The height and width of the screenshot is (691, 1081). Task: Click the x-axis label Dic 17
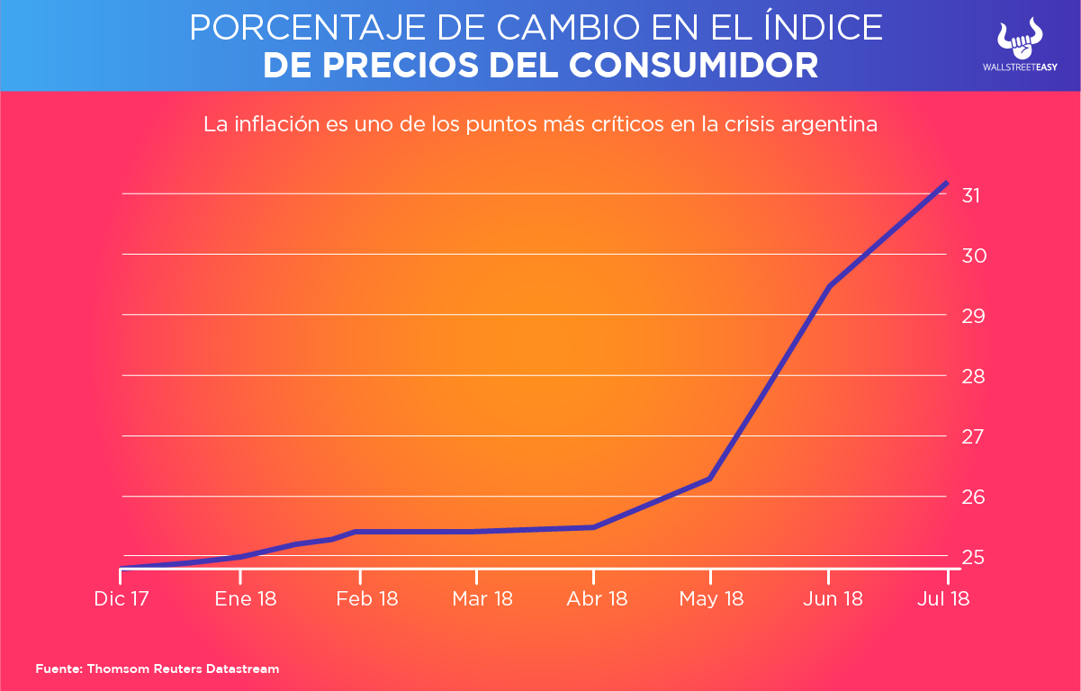(121, 598)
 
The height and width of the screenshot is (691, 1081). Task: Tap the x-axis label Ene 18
(246, 598)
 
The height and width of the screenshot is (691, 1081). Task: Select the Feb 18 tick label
(366, 598)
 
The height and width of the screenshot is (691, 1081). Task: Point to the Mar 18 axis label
(482, 598)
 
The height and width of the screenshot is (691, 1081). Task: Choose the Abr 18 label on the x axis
(597, 598)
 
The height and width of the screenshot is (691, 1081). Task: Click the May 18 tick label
(712, 598)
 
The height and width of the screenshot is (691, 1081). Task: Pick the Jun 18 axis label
(832, 598)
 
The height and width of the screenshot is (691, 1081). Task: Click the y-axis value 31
(972, 195)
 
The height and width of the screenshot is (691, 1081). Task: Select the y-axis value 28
(972, 376)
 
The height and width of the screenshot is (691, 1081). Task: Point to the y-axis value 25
(972, 557)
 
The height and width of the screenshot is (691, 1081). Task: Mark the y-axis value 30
(972, 256)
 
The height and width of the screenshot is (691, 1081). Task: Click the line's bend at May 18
(711, 479)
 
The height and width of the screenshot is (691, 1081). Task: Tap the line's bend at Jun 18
(828, 287)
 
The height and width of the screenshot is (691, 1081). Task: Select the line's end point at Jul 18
(946, 183)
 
